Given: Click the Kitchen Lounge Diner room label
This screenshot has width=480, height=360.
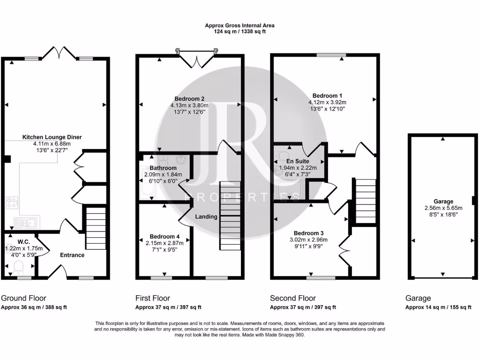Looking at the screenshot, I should tap(52, 137).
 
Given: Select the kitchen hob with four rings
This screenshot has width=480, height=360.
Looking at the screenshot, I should tap(12, 203).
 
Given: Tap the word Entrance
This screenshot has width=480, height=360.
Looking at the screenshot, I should tap(72, 255).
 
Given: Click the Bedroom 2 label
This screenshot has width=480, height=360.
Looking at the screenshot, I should tap(189, 99).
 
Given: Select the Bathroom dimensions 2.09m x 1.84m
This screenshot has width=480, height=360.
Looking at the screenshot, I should tap(163, 174).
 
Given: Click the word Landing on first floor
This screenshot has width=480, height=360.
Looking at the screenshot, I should tap(206, 217).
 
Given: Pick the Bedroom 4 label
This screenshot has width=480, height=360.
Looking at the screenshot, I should tap(165, 237).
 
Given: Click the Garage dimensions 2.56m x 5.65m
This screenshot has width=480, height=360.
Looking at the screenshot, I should tap(443, 208).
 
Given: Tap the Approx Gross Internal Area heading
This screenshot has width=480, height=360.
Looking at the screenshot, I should tap(240, 25).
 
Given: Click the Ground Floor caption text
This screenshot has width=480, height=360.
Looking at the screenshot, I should tap(24, 298).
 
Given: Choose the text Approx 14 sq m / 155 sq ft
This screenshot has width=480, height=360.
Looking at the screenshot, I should tap(438, 307).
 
